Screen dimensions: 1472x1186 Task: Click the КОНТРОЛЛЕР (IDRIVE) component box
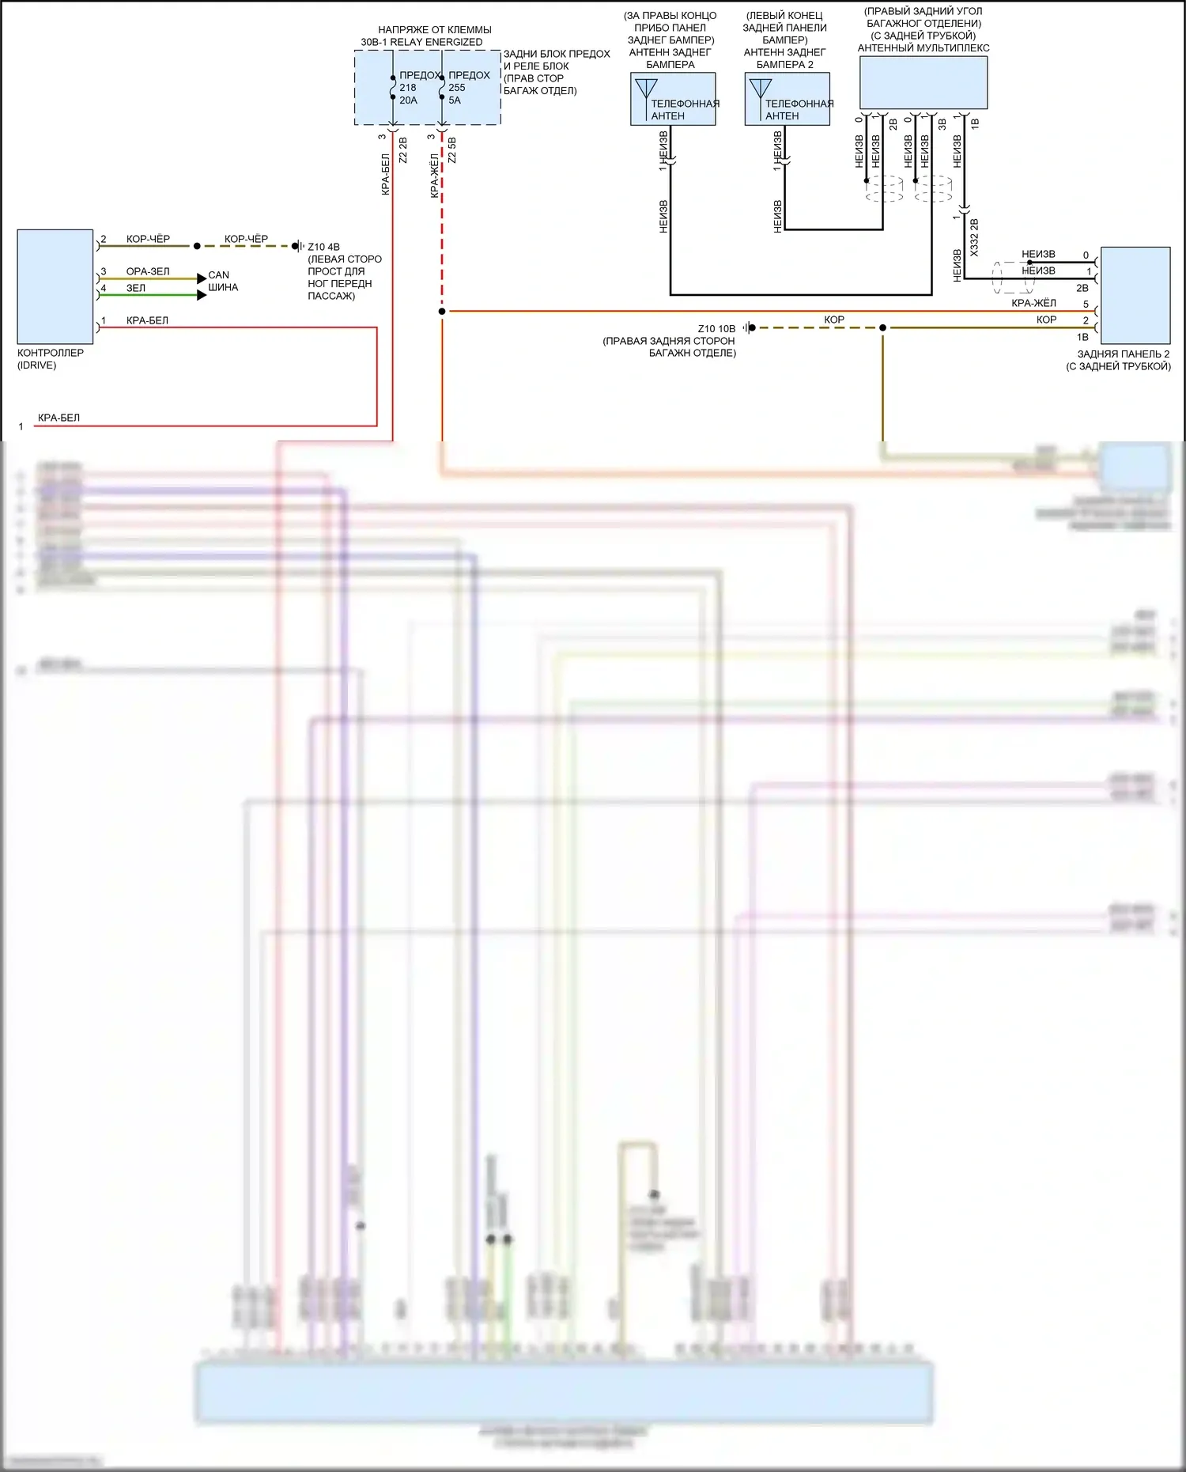[x=55, y=286]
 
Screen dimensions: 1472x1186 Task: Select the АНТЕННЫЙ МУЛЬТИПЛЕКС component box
[x=923, y=82]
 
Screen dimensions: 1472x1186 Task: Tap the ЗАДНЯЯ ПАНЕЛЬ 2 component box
[x=1135, y=295]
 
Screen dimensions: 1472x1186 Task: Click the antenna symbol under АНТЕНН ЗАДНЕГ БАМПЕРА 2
[x=761, y=88]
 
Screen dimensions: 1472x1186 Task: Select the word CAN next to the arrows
[x=219, y=275]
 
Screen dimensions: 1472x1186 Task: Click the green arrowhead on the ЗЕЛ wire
[x=202, y=295]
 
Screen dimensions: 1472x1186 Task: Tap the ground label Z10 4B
[x=323, y=247]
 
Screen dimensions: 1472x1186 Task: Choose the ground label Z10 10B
[x=716, y=328]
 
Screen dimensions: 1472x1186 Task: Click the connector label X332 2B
[x=974, y=237]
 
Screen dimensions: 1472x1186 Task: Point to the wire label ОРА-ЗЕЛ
[x=148, y=271]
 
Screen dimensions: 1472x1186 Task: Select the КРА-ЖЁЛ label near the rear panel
[x=1033, y=303]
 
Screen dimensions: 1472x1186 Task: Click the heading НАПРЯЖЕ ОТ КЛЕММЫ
[x=434, y=30]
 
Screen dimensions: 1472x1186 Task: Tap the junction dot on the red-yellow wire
[x=442, y=312]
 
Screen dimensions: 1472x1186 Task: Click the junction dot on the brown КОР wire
[x=883, y=327]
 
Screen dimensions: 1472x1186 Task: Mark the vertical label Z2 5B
[x=452, y=150]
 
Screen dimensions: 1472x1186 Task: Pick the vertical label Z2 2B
[x=403, y=150]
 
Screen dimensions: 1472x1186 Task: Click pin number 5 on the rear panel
[x=1086, y=305]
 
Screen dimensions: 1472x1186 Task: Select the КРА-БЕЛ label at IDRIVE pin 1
[x=147, y=320]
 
